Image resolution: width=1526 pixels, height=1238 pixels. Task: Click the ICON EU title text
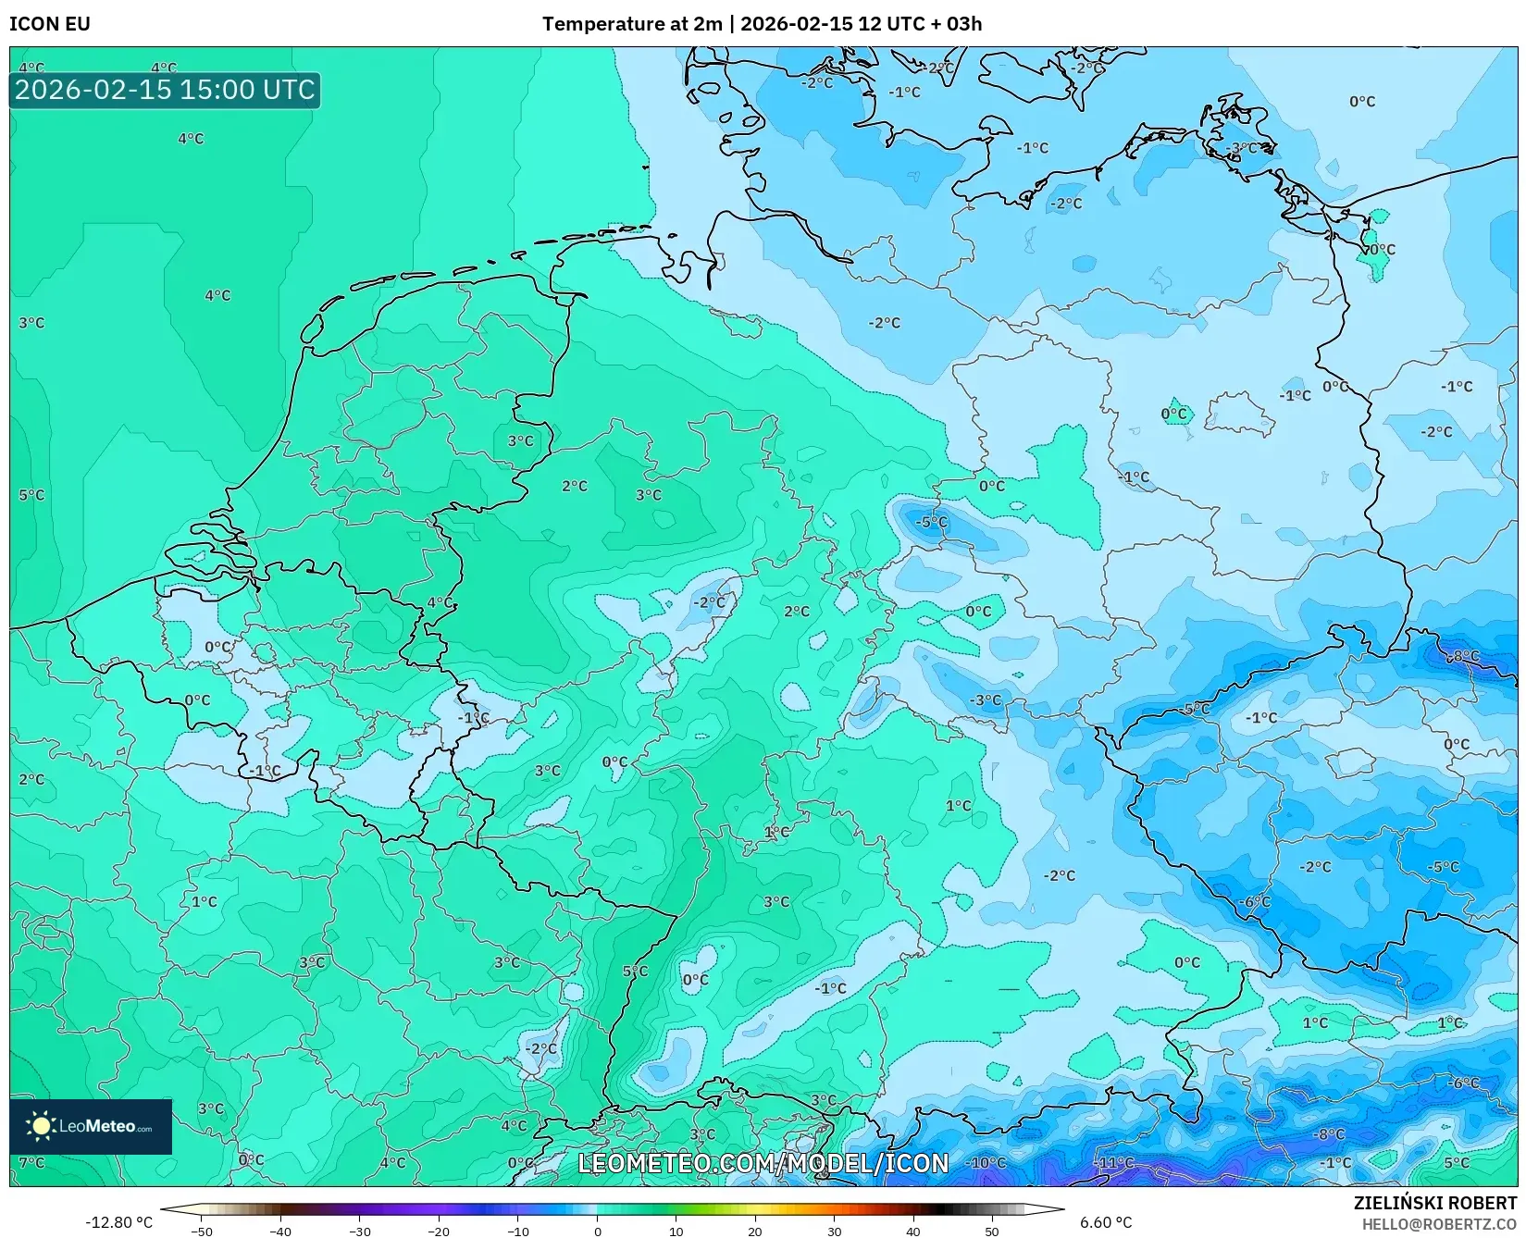[x=50, y=24]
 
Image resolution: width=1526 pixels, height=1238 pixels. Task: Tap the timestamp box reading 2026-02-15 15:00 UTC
[x=165, y=90]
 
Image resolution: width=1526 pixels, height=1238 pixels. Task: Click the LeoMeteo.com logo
[x=91, y=1126]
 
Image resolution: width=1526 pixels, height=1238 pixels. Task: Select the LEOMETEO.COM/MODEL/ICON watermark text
[x=763, y=1163]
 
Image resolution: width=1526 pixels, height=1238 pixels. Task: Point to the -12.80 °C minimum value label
[x=118, y=1222]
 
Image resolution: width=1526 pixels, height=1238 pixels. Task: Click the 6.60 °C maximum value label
[x=1105, y=1222]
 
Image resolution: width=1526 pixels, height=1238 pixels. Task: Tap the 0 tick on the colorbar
[x=597, y=1231]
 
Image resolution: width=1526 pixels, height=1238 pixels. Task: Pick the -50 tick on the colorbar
[x=201, y=1231]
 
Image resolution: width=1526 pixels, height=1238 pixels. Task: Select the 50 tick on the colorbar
[x=991, y=1231]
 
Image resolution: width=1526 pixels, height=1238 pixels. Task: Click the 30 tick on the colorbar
[x=834, y=1231]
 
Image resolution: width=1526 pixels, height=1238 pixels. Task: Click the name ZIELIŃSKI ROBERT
[x=1434, y=1204]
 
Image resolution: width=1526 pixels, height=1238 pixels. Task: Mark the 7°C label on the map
[x=31, y=1162]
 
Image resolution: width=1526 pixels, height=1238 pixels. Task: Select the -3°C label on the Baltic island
[x=1242, y=148]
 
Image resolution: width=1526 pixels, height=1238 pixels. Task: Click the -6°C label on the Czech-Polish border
[x=1255, y=901]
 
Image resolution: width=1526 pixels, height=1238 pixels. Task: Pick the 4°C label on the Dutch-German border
[x=440, y=603]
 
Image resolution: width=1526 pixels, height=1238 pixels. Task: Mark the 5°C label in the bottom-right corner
[x=1456, y=1162]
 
